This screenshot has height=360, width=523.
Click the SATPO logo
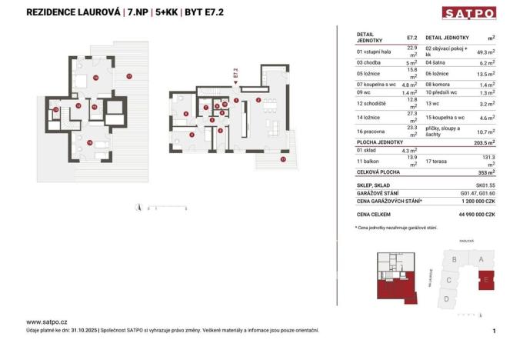click(x=468, y=12)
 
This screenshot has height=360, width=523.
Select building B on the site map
click(x=455, y=260)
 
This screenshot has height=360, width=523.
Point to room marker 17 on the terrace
click(x=129, y=75)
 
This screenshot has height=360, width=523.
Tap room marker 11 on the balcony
click(x=282, y=159)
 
